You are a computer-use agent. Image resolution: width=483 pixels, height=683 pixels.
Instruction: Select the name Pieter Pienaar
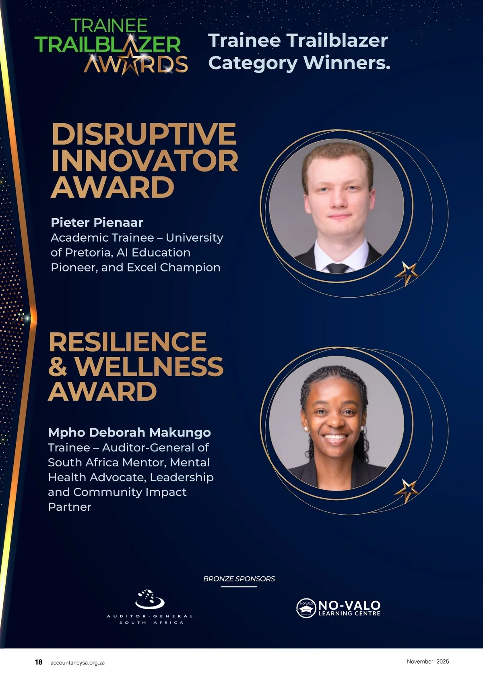(x=97, y=223)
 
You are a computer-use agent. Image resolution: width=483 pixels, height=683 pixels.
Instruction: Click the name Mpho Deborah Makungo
(x=130, y=433)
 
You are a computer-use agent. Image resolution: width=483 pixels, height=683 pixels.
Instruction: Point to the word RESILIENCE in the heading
(x=128, y=342)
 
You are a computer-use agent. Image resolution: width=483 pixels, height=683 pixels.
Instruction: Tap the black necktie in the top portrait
(x=338, y=268)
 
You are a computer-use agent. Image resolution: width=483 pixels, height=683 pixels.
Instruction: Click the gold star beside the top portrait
(x=407, y=273)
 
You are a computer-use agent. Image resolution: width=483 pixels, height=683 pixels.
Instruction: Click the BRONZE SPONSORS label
(x=239, y=579)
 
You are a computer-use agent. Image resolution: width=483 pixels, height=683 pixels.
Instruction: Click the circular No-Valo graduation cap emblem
(x=306, y=608)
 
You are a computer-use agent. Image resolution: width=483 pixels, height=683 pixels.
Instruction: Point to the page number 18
(x=39, y=662)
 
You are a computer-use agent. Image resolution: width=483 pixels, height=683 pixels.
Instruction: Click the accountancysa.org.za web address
(x=77, y=662)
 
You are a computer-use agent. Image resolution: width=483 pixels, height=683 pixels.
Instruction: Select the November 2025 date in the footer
(x=428, y=661)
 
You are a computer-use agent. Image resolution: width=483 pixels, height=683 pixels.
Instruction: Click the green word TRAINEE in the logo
(x=109, y=26)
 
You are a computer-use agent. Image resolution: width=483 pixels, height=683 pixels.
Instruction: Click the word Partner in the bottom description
(x=70, y=507)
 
